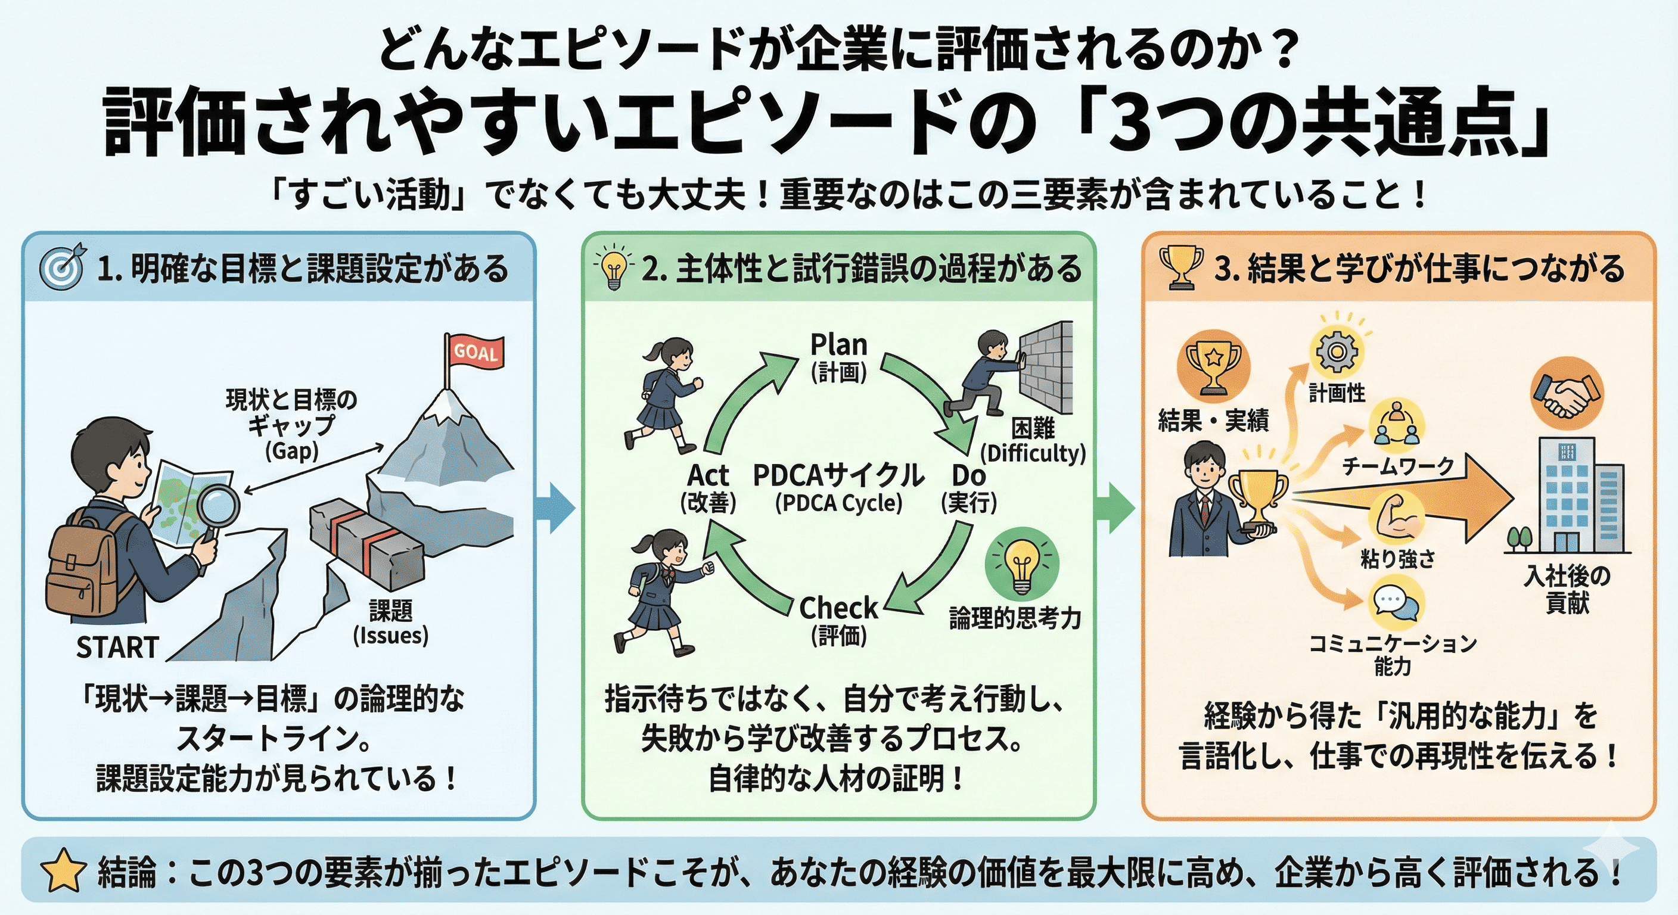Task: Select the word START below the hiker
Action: click(x=117, y=648)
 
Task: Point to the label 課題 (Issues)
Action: click(x=391, y=623)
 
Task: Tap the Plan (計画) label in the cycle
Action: click(x=838, y=357)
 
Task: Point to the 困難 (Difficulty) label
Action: click(x=1033, y=440)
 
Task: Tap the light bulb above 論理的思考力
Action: click(x=1021, y=564)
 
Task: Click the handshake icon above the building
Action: click(x=1567, y=395)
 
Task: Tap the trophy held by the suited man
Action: click(x=1257, y=498)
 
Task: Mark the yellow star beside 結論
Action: click(x=63, y=872)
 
